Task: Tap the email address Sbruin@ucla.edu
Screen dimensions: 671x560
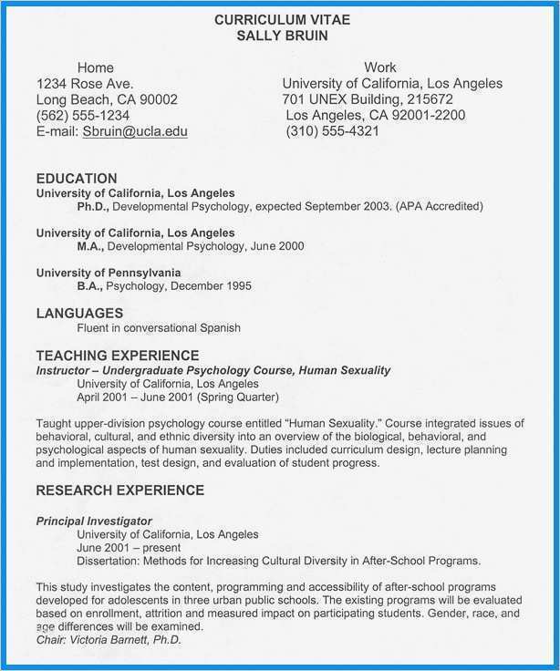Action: tap(135, 131)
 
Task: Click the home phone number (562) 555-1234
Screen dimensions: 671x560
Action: tap(82, 115)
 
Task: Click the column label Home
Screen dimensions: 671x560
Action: tap(96, 67)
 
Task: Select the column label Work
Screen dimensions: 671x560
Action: tap(380, 67)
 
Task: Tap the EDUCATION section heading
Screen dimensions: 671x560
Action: tap(77, 179)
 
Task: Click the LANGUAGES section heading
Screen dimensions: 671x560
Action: tap(79, 313)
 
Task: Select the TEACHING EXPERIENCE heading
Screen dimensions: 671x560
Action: tap(117, 356)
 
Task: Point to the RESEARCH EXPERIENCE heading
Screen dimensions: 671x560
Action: tap(119, 490)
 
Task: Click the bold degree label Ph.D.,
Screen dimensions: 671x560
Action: tap(92, 207)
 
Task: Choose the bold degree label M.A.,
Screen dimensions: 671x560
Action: tap(91, 246)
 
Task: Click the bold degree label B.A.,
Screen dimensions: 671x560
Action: tap(90, 286)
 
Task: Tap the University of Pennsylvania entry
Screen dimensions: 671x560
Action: tap(109, 273)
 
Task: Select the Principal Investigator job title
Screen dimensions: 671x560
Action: tap(94, 521)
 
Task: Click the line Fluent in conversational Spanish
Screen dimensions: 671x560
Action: tap(159, 328)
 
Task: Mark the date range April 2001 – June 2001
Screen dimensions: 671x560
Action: tap(136, 397)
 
